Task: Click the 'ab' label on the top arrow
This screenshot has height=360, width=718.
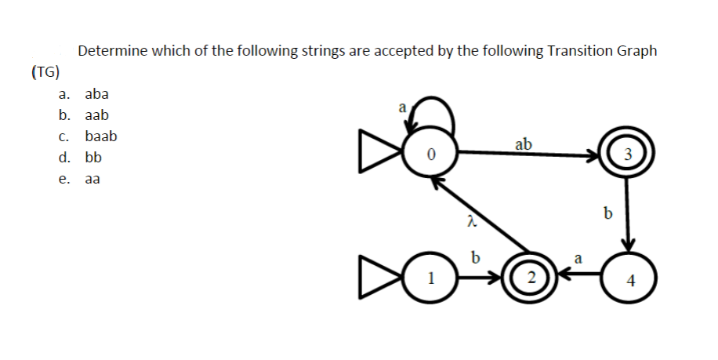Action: click(x=524, y=144)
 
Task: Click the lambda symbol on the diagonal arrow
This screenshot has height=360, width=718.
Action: click(x=470, y=224)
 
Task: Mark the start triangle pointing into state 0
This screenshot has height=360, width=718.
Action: click(x=376, y=154)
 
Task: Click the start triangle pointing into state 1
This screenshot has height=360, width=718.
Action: click(x=376, y=278)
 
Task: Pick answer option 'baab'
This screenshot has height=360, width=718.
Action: click(x=100, y=136)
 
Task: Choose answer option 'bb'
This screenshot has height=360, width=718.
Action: click(x=92, y=157)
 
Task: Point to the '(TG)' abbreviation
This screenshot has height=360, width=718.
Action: click(x=45, y=72)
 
